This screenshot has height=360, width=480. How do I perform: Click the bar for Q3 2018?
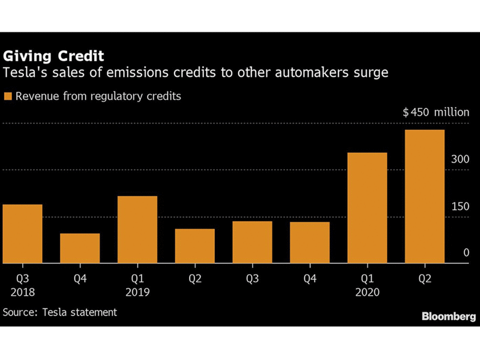pyautogui.click(x=23, y=234)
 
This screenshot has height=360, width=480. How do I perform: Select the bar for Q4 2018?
pyautogui.click(x=80, y=248)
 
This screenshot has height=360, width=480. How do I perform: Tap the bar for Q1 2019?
pyautogui.click(x=137, y=230)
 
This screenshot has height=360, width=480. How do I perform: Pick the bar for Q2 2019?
pyautogui.click(x=195, y=246)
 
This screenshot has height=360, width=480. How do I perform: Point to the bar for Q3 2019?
pyautogui.click(x=253, y=242)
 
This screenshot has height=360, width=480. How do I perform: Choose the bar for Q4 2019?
pyautogui.click(x=310, y=243)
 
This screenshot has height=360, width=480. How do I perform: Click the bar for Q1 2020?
pyautogui.click(x=367, y=208)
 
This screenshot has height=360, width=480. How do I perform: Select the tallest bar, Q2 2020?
pyautogui.click(x=425, y=197)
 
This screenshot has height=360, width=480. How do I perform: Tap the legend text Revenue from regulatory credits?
pyautogui.click(x=98, y=96)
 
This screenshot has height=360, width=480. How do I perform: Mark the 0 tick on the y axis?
pyautogui.click(x=465, y=253)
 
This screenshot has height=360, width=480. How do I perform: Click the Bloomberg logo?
pyautogui.click(x=448, y=316)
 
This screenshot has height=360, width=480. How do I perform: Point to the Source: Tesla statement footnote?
pyautogui.click(x=60, y=313)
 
